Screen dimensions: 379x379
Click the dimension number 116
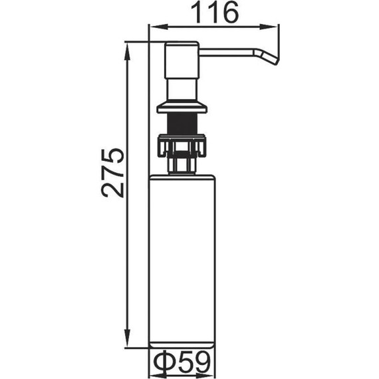pyautogui.click(x=214, y=13)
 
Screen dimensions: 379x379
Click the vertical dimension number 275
pyautogui.click(x=112, y=173)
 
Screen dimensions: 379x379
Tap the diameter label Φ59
pyautogui.click(x=182, y=362)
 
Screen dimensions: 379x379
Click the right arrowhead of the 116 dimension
pyautogui.click(x=269, y=27)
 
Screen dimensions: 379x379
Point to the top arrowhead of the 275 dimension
pyautogui.click(x=128, y=51)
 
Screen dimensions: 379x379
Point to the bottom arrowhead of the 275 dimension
pyautogui.click(x=128, y=338)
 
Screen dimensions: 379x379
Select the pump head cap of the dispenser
pyautogui.click(x=182, y=60)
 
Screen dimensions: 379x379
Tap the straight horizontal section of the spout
pyautogui.click(x=226, y=53)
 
